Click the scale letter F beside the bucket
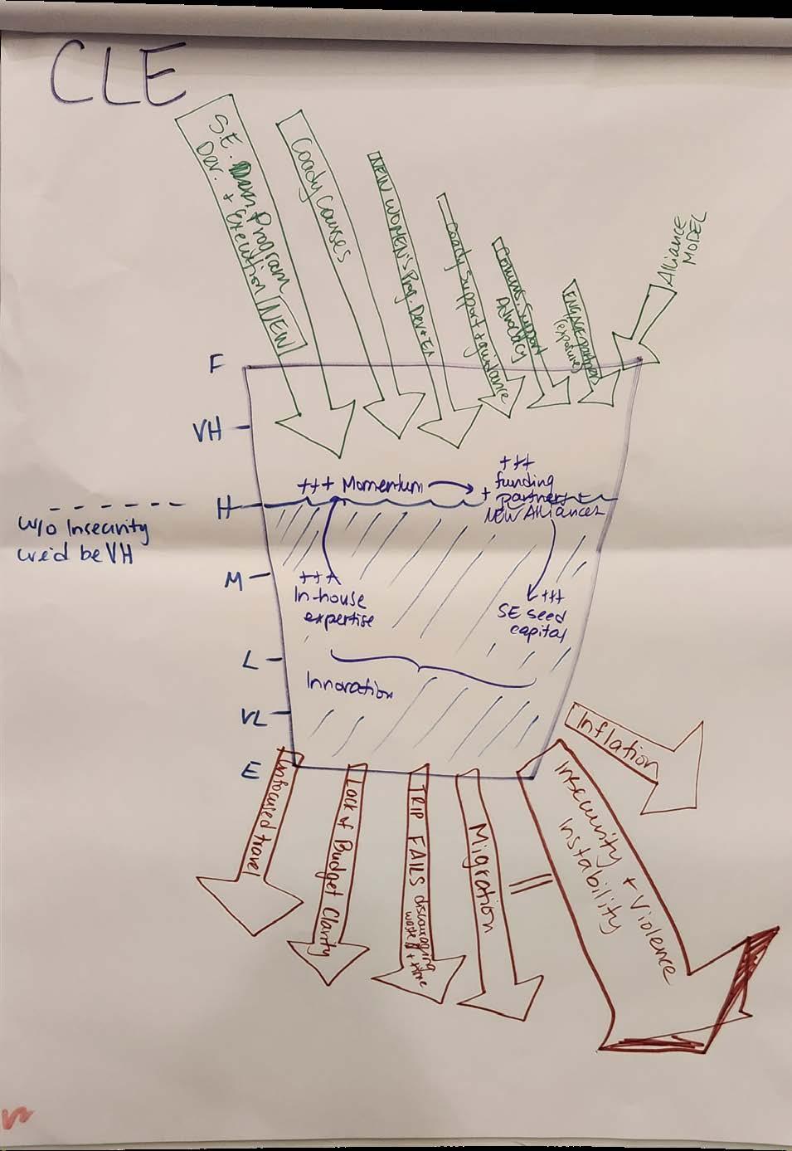[215, 366]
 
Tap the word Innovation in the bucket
[349, 685]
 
